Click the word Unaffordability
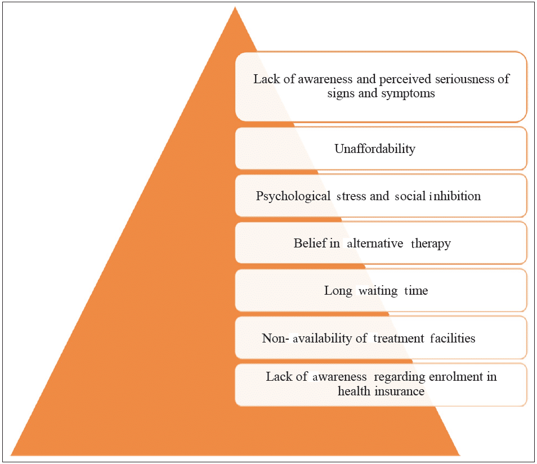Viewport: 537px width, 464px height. pyautogui.click(x=374, y=149)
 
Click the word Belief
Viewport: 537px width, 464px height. pyautogui.click(x=307, y=244)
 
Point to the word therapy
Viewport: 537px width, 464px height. pyautogui.click(x=431, y=244)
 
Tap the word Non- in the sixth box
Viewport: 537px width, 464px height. pyautogui.click(x=274, y=338)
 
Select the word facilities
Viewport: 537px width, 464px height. pyautogui.click(x=450, y=338)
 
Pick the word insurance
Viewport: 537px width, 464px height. pyautogui.click(x=400, y=391)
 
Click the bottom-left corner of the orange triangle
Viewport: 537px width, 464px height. pyautogui.click(x=11, y=454)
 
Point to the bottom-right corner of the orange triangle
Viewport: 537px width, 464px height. pyautogui.click(x=459, y=454)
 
